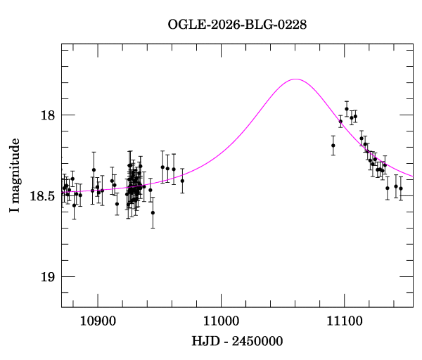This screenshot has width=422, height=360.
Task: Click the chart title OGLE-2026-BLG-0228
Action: point(237,25)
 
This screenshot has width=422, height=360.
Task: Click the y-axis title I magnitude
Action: point(15,176)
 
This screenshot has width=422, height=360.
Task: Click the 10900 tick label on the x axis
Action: point(97,320)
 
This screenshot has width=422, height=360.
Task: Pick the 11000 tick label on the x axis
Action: point(221,320)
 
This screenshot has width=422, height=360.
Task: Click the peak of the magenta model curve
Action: point(295,79)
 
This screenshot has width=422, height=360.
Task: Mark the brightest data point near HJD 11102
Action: point(347,109)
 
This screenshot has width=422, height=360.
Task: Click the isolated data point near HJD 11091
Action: point(333,146)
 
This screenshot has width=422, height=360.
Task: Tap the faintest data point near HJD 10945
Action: point(153,212)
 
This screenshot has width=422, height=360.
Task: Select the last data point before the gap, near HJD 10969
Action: point(182,181)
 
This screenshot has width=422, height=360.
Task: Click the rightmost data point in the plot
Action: point(401,188)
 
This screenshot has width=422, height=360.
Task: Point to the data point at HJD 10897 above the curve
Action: point(94,169)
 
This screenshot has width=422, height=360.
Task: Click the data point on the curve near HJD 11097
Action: point(340,122)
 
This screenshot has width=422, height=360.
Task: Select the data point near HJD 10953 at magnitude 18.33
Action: point(162,167)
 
